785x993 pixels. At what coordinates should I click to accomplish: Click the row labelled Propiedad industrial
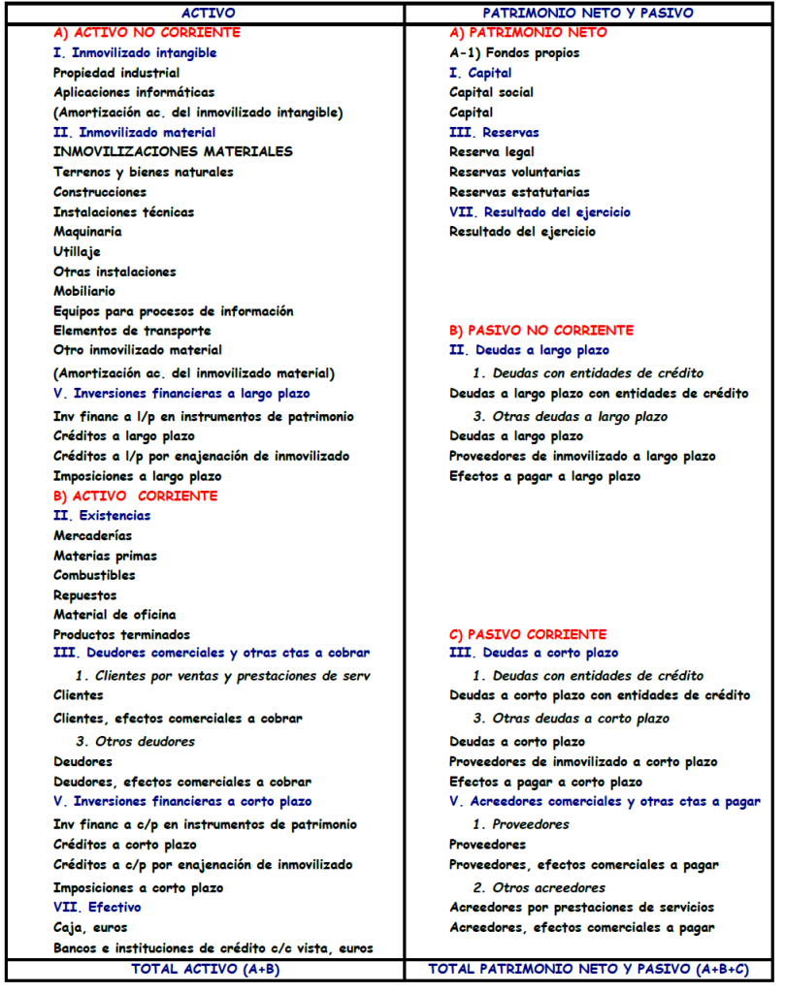tap(116, 73)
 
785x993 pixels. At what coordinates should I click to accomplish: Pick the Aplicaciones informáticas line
tap(134, 92)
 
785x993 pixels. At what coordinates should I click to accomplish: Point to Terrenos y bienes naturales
tap(144, 172)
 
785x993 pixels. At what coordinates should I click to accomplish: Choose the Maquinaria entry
tap(87, 232)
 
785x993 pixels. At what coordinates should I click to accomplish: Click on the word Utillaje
tap(77, 251)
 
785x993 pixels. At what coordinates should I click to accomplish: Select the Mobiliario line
tap(84, 291)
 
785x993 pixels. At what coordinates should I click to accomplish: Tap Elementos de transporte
tap(132, 331)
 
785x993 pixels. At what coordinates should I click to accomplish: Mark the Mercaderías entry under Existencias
tap(93, 535)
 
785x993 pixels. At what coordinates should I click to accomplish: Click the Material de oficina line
tap(114, 614)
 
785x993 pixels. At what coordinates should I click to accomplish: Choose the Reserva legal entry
tap(492, 151)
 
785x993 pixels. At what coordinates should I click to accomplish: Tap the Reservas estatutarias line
tap(519, 192)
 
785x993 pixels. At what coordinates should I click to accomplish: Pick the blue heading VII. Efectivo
tap(97, 908)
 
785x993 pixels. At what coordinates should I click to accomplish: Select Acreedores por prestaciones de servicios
tap(582, 908)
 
